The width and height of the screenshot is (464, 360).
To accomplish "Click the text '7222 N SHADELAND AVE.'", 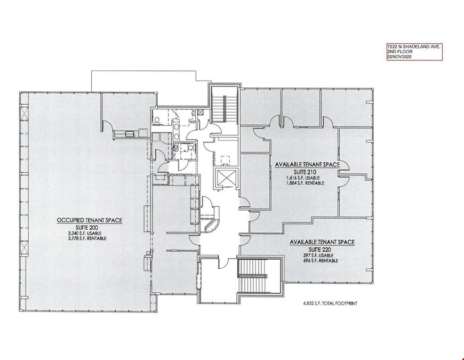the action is point(414,47).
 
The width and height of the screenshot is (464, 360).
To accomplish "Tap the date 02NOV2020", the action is point(399,57).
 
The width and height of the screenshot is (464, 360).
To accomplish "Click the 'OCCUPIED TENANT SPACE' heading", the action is point(90,220).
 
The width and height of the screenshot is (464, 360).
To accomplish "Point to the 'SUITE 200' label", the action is point(87,228).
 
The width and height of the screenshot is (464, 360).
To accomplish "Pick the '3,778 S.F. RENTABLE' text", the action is point(87,238).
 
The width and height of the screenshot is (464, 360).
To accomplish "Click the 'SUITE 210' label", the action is point(305,172).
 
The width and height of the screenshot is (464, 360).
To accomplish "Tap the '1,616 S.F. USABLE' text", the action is point(303,178).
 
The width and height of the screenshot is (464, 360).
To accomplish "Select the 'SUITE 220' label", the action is point(319,250).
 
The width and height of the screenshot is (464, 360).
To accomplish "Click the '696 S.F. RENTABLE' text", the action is point(321,261).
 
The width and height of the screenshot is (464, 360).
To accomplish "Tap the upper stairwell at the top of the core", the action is point(224,105).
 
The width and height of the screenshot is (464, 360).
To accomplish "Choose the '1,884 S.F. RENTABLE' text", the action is point(305,183).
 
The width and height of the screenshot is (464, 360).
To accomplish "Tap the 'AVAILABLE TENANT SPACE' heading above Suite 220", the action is point(322,242).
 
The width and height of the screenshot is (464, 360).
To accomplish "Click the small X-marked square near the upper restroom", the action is point(201,112).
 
